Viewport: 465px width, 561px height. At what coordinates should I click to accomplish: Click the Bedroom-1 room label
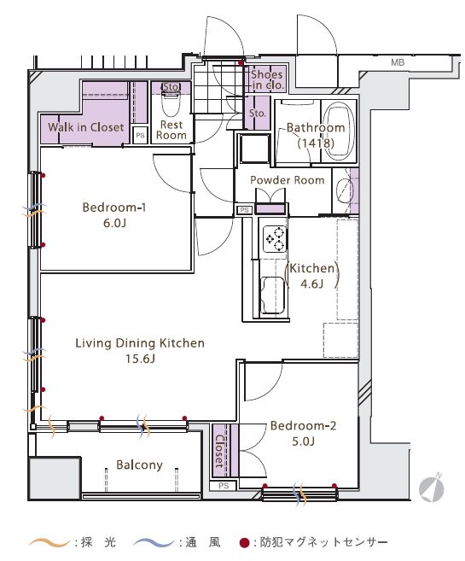pyautogui.click(x=114, y=207)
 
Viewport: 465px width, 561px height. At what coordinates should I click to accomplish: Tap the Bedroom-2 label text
pyautogui.click(x=303, y=425)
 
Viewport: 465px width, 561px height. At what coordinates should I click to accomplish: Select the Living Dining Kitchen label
pyautogui.click(x=140, y=343)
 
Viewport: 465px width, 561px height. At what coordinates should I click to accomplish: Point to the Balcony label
pyautogui.click(x=139, y=465)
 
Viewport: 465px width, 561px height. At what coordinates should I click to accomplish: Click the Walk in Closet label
pyautogui.click(x=86, y=127)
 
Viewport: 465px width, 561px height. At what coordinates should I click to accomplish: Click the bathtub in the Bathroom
pyautogui.click(x=339, y=131)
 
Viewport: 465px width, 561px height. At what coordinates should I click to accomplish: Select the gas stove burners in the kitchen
pyautogui.click(x=275, y=239)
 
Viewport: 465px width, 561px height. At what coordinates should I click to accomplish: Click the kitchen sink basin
pyautogui.click(x=273, y=295)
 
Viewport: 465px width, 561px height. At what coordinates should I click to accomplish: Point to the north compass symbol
pyautogui.click(x=432, y=488)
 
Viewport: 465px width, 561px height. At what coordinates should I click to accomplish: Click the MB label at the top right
pyautogui.click(x=398, y=62)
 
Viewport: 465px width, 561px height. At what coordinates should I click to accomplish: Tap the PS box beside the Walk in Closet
pyautogui.click(x=140, y=135)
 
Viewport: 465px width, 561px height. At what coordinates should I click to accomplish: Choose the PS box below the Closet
pyautogui.click(x=224, y=486)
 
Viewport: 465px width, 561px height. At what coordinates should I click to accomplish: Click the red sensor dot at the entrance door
pyautogui.click(x=241, y=62)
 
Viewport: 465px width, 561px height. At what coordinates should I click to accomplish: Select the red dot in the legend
pyautogui.click(x=244, y=543)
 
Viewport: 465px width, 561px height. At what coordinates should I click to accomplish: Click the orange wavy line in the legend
pyautogui.click(x=49, y=543)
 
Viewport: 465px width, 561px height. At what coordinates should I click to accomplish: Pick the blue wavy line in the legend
pyautogui.click(x=154, y=543)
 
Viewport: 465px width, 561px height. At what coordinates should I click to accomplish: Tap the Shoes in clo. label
pyautogui.click(x=267, y=79)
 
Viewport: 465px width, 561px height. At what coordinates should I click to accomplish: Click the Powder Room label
pyautogui.click(x=287, y=180)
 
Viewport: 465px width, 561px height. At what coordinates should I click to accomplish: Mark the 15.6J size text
pyautogui.click(x=140, y=359)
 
